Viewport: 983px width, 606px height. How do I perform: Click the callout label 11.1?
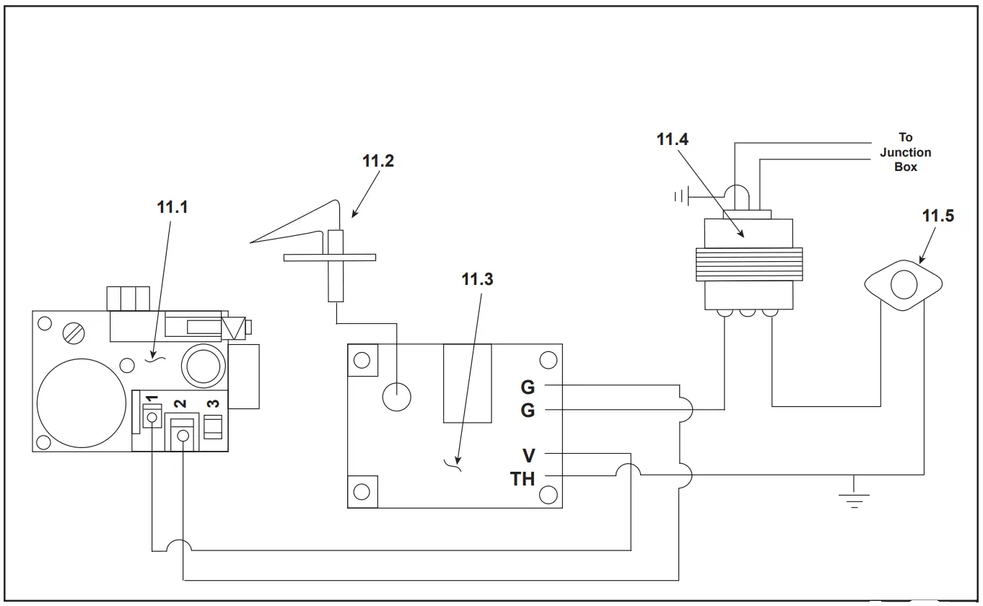point(172,206)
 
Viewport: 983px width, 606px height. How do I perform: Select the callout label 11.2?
point(378,161)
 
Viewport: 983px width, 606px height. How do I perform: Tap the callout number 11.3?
point(477,279)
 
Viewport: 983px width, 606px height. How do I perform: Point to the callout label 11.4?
point(673,139)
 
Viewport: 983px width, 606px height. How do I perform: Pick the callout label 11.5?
point(938,215)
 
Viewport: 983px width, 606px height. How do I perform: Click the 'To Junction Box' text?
point(905,151)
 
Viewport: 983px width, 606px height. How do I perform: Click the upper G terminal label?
point(528,387)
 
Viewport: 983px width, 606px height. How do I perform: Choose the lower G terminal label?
point(528,410)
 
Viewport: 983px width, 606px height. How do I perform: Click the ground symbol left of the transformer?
point(680,196)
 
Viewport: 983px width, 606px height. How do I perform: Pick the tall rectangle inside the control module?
point(467,383)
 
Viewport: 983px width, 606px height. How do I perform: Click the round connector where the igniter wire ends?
point(396,395)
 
